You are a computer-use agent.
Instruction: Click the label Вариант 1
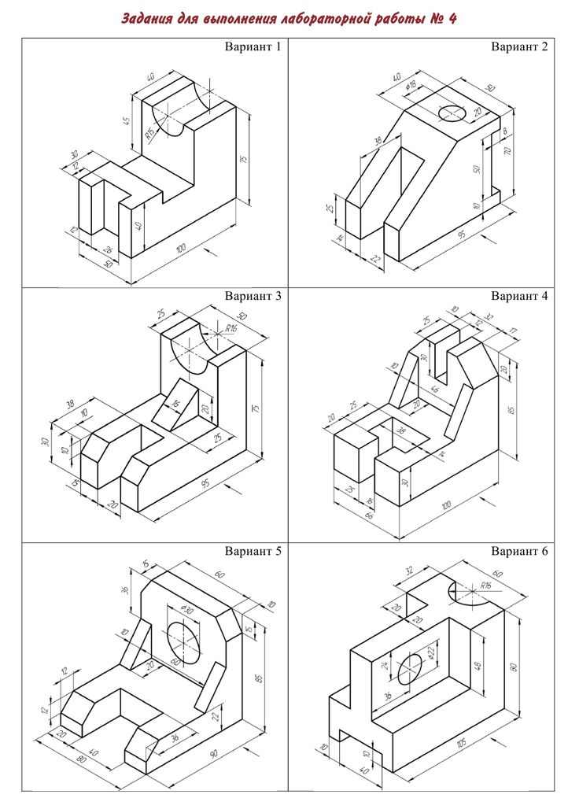[x=253, y=46]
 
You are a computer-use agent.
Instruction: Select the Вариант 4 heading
[x=519, y=297]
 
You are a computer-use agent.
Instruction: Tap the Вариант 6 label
[x=519, y=550]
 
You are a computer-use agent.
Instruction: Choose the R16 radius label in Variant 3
[x=230, y=327]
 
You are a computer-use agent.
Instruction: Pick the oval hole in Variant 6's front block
[x=410, y=668]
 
